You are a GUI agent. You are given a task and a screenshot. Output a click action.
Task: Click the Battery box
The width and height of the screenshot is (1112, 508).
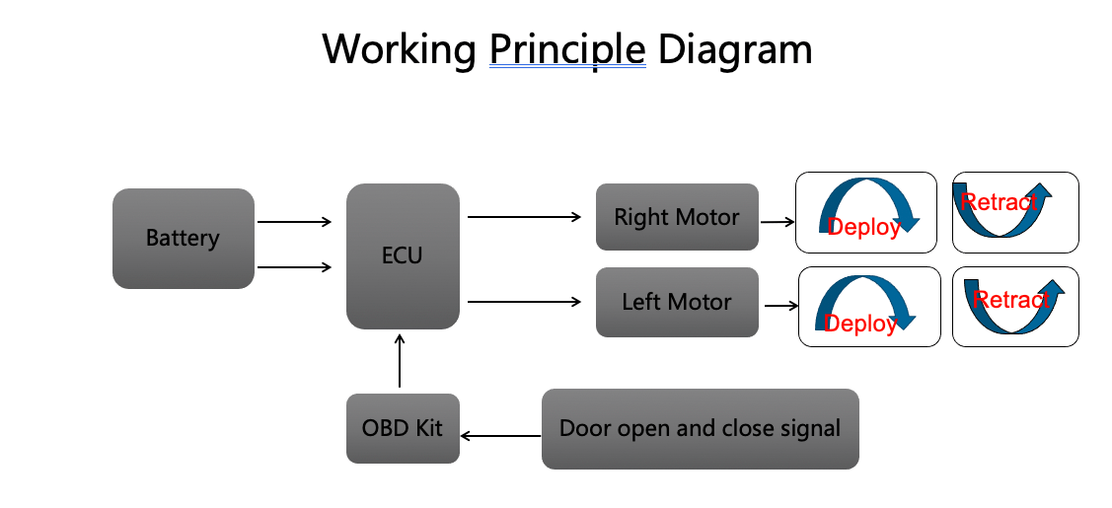pyautogui.click(x=183, y=238)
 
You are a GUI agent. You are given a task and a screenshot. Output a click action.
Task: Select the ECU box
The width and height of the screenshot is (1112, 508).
pyautogui.click(x=402, y=255)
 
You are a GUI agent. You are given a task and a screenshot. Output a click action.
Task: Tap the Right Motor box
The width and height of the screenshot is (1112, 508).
pyautogui.click(x=676, y=217)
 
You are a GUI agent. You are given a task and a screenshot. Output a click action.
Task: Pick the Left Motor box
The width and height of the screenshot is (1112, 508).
pyautogui.click(x=676, y=302)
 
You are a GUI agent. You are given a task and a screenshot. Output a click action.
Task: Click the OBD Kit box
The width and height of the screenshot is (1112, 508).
pyautogui.click(x=402, y=428)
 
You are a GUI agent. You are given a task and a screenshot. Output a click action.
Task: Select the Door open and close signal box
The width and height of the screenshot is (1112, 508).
pyautogui.click(x=700, y=428)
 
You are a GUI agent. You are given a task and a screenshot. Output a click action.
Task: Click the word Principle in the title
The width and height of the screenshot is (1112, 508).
pyautogui.click(x=567, y=48)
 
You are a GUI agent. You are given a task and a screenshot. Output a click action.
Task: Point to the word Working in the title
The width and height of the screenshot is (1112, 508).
pyautogui.click(x=400, y=48)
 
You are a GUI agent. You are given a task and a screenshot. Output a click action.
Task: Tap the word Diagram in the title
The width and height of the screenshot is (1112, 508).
pyautogui.click(x=735, y=48)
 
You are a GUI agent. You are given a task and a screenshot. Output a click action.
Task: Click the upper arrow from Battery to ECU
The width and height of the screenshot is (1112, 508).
pyautogui.click(x=294, y=222)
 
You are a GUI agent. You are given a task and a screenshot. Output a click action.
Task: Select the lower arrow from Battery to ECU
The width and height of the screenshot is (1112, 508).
pyautogui.click(x=294, y=266)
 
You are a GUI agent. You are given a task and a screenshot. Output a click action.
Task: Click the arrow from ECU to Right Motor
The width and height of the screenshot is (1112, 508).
pyautogui.click(x=524, y=216)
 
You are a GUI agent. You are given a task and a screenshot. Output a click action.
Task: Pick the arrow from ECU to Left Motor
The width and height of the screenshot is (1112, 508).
pyautogui.click(x=524, y=302)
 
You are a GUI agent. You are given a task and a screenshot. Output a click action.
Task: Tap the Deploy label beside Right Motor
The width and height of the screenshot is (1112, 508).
pyautogui.click(x=863, y=227)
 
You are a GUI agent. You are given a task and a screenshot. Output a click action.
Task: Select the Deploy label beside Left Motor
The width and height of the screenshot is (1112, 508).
pyautogui.click(x=860, y=324)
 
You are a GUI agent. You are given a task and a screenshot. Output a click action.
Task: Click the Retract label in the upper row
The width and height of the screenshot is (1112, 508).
pyautogui.click(x=1000, y=202)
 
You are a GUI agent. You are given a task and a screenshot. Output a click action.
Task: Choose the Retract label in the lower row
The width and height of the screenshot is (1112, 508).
pyautogui.click(x=1010, y=300)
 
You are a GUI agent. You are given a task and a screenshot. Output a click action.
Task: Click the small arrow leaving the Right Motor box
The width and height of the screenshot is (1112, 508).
pyautogui.click(x=778, y=222)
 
